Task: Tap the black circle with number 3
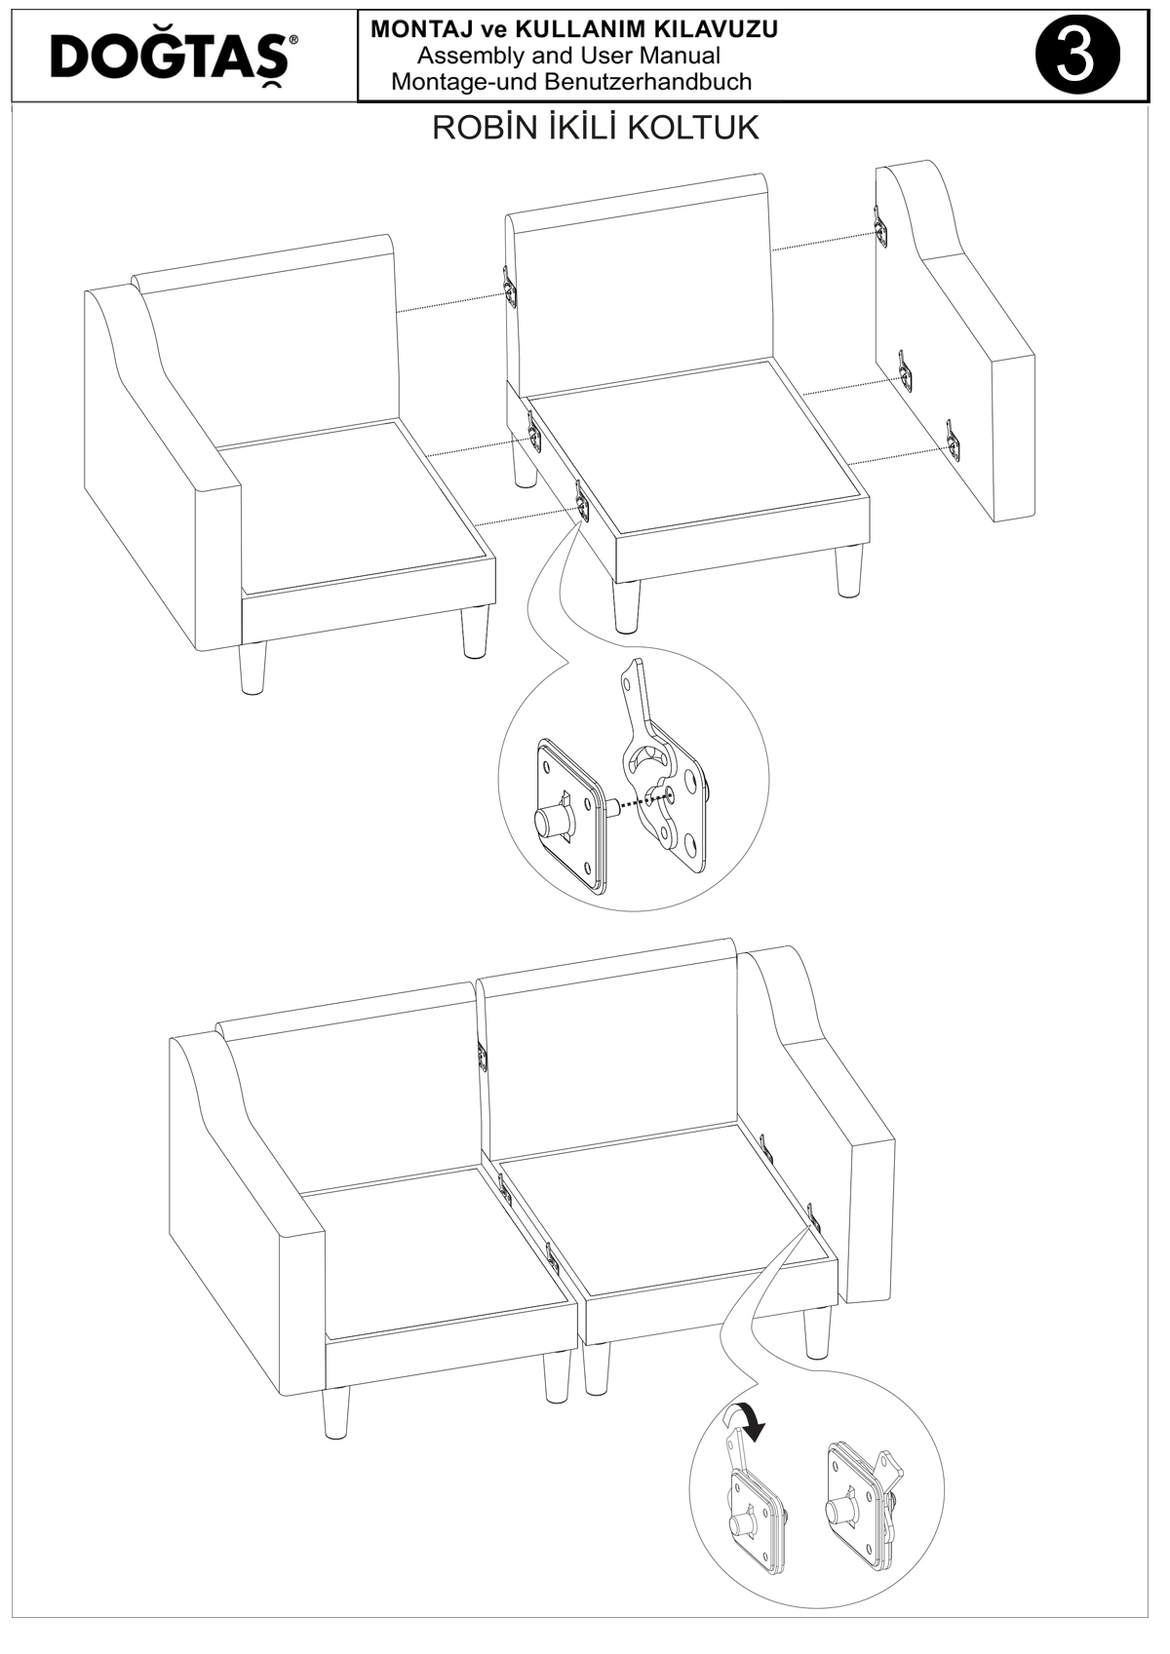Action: coord(1077,57)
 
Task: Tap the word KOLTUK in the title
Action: coord(705,128)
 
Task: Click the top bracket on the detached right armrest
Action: coord(879,224)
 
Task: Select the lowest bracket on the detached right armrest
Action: coord(955,441)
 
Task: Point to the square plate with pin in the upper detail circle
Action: coord(569,813)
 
